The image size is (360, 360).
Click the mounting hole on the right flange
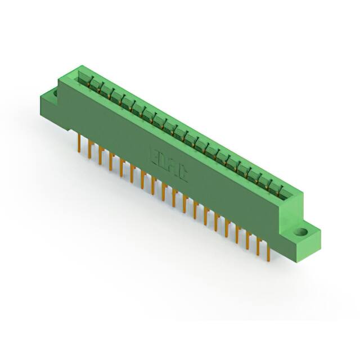(302, 231)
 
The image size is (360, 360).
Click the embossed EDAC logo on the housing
(169, 164)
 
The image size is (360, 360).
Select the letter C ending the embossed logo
(182, 172)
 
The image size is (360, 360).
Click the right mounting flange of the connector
(304, 236)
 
